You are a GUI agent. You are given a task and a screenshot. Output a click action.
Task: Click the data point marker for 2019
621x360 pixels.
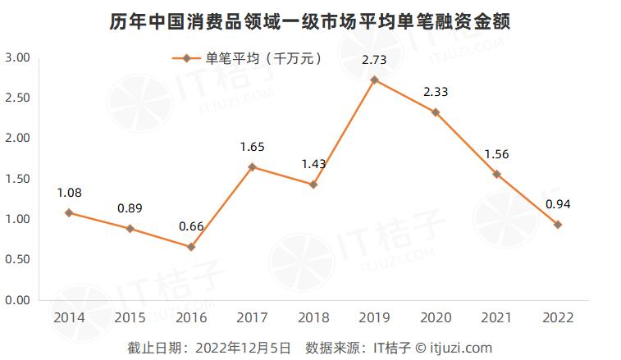click(x=374, y=80)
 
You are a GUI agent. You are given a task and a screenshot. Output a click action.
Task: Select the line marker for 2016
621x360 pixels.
click(x=191, y=246)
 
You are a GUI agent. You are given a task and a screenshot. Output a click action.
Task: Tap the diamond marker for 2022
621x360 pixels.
click(x=558, y=224)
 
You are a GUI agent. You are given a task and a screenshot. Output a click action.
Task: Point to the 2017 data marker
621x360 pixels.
click(x=252, y=167)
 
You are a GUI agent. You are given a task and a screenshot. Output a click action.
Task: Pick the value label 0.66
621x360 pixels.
click(x=191, y=226)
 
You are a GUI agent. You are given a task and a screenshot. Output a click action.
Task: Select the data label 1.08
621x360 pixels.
click(x=69, y=193)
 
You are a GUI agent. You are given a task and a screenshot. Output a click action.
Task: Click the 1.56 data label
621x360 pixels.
click(x=496, y=153)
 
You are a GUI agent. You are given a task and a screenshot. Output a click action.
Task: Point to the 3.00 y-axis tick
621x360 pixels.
click(x=17, y=58)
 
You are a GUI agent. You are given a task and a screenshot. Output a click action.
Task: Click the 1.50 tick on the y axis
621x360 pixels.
click(x=17, y=179)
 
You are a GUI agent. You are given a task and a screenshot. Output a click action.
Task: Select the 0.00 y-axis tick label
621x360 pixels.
click(x=17, y=300)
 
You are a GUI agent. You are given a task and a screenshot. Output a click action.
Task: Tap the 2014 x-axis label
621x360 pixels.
click(x=69, y=317)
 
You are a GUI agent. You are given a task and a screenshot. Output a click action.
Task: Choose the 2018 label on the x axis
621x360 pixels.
click(x=313, y=317)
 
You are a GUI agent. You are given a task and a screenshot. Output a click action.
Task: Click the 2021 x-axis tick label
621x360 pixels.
click(x=496, y=317)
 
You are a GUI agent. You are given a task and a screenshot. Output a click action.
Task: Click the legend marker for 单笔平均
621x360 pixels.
click(x=187, y=58)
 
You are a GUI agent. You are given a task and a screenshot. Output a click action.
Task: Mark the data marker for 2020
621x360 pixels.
click(x=436, y=112)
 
